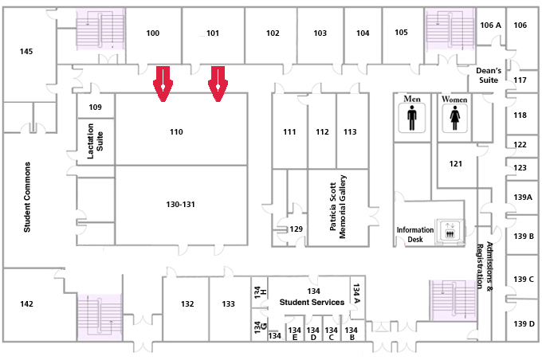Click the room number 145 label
pyautogui.click(x=26, y=52)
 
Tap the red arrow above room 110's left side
pyautogui.click(x=163, y=84)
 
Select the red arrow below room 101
pyautogui.click(x=218, y=84)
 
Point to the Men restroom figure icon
pyautogui.click(x=412, y=118)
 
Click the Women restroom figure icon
pyautogui.click(x=454, y=118)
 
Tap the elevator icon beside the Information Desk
pyautogui.click(x=450, y=230)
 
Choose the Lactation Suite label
pyautogui.click(x=95, y=141)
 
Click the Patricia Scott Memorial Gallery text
pyautogui.click(x=338, y=206)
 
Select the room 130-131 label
pyautogui.click(x=180, y=205)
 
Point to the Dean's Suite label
pyautogui.click(x=489, y=76)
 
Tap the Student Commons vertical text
pyautogui.click(x=27, y=197)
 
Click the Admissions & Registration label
pyautogui.click(x=485, y=265)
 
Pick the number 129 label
pyautogui.click(x=297, y=229)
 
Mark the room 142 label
pyautogui.click(x=26, y=304)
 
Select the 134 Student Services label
pyautogui.click(x=312, y=297)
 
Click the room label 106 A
pyautogui.click(x=490, y=25)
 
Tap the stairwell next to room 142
pyautogui.click(x=100, y=318)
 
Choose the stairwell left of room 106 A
pyautogui.click(x=450, y=29)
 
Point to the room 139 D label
pyautogui.click(x=524, y=324)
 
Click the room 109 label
pyautogui.click(x=95, y=107)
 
